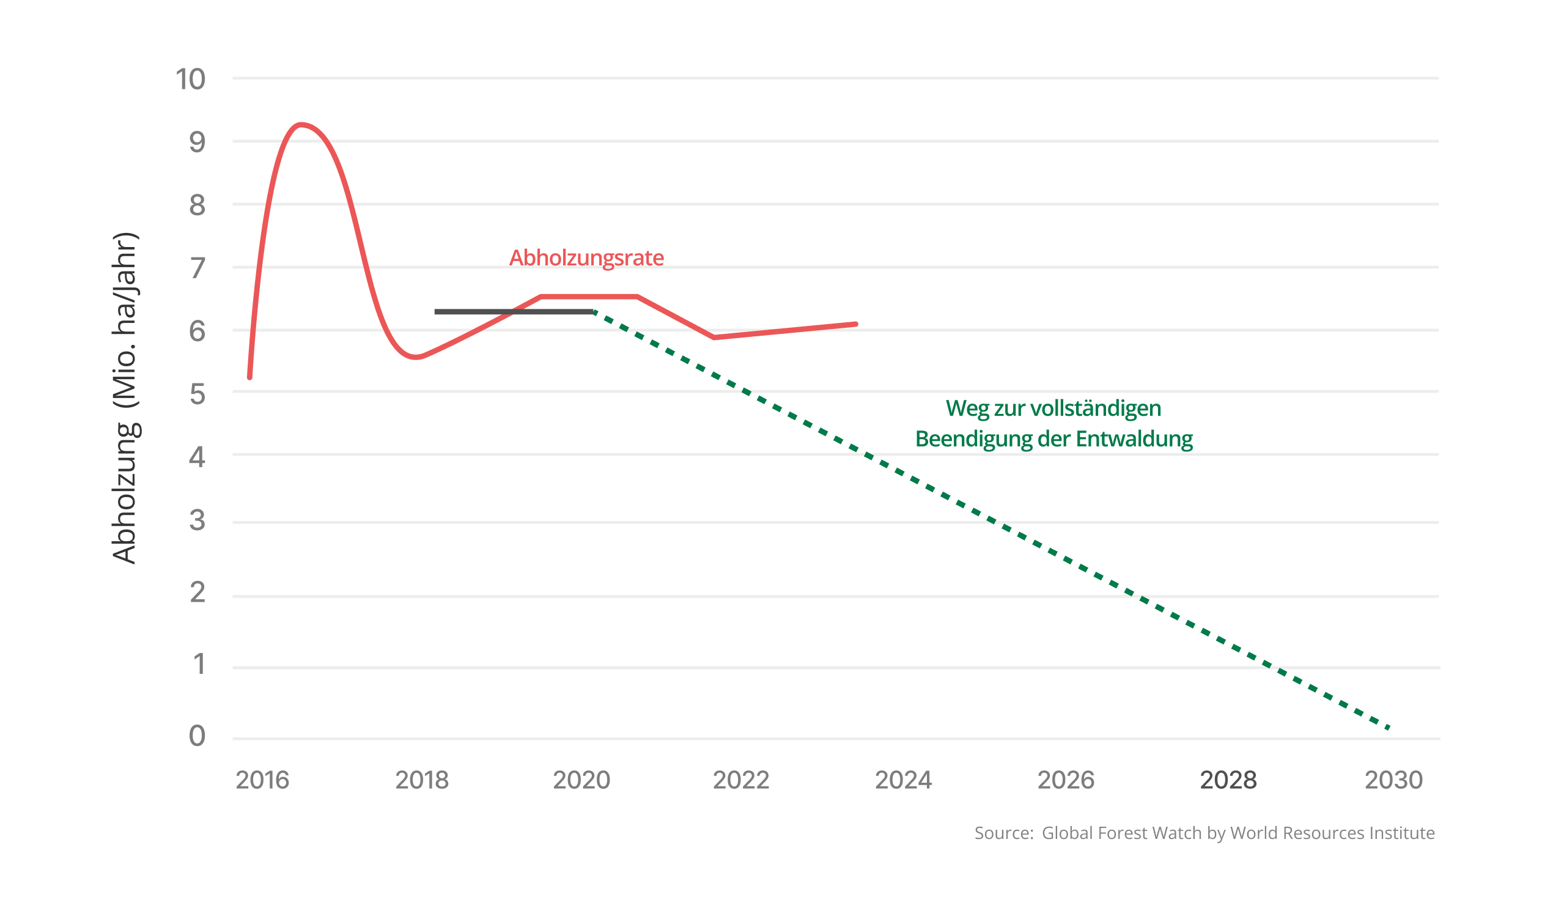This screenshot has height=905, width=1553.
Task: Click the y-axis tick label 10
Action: point(190,79)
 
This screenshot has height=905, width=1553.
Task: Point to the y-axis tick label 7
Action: point(197,268)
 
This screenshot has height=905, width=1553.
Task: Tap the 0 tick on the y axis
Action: point(197,736)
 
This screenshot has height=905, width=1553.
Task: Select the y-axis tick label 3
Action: point(197,520)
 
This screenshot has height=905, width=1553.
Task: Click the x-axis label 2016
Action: point(262,780)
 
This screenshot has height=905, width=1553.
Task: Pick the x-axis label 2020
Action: point(581,780)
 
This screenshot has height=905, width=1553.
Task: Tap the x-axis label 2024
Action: point(904,780)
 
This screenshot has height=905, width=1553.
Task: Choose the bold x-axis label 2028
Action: point(1228,780)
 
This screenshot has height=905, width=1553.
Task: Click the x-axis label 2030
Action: point(1393,780)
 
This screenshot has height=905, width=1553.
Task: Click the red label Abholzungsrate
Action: point(586,257)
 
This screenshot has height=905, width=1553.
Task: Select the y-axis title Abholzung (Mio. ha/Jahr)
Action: point(125,397)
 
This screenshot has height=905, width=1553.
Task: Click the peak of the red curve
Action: point(301,125)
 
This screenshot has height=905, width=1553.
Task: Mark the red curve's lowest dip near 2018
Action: point(417,356)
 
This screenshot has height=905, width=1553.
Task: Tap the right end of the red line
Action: point(855,324)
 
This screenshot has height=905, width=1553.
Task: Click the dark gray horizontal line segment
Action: point(513,312)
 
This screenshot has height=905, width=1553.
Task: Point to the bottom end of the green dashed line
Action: point(1389,728)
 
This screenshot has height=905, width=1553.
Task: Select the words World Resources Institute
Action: point(1332,833)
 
